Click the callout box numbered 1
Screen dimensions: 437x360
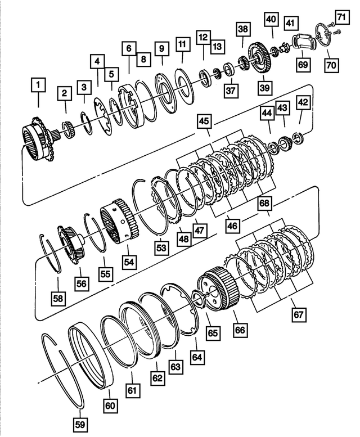coord(38,86)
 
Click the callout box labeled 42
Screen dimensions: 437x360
coord(303,103)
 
